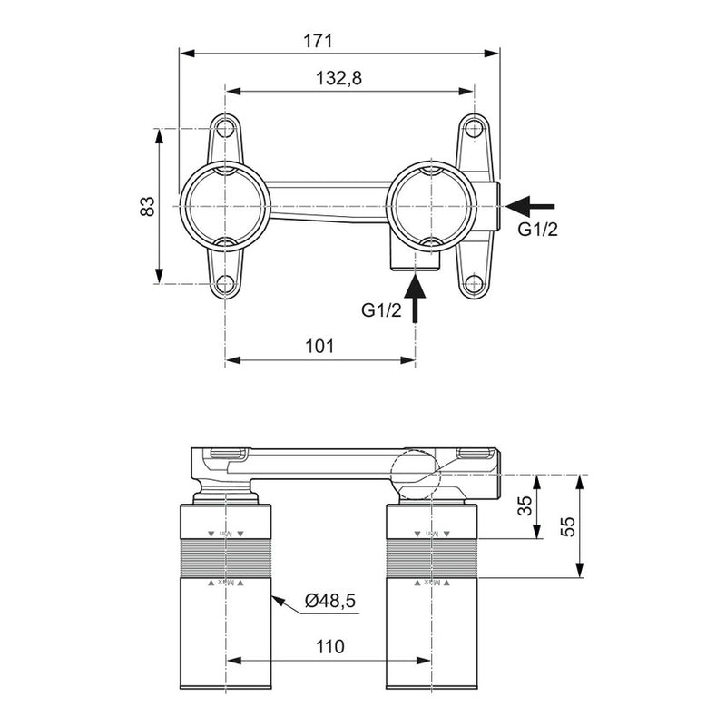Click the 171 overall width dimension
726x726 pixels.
click(x=319, y=41)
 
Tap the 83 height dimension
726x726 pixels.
click(x=147, y=206)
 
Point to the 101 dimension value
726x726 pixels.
click(x=319, y=346)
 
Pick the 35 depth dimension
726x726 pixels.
click(x=525, y=506)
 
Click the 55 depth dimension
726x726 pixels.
click(x=568, y=526)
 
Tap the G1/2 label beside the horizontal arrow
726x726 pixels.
click(x=537, y=229)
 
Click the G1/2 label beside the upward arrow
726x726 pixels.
click(x=381, y=310)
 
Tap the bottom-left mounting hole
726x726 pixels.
click(x=225, y=285)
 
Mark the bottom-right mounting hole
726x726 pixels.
click(x=472, y=285)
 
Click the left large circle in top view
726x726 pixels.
click(x=225, y=206)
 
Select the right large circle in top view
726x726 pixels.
click(x=431, y=206)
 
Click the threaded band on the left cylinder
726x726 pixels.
click(x=226, y=558)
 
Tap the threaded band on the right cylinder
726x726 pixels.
click(x=431, y=558)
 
